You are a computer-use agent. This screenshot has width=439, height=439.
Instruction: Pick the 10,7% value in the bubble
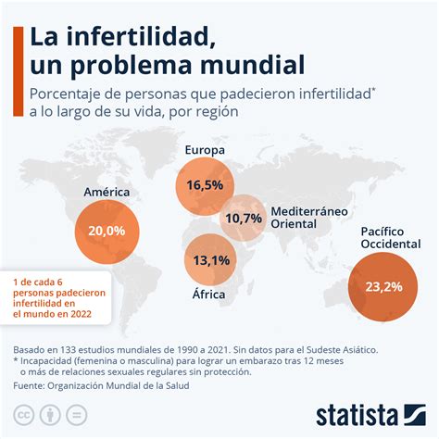coord(244,218)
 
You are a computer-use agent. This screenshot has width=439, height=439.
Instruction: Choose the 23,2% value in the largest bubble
coord(382,286)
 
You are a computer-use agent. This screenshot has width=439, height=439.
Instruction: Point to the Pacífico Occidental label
coord(383,237)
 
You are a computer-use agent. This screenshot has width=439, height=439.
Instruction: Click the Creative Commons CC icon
coord(23,410)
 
